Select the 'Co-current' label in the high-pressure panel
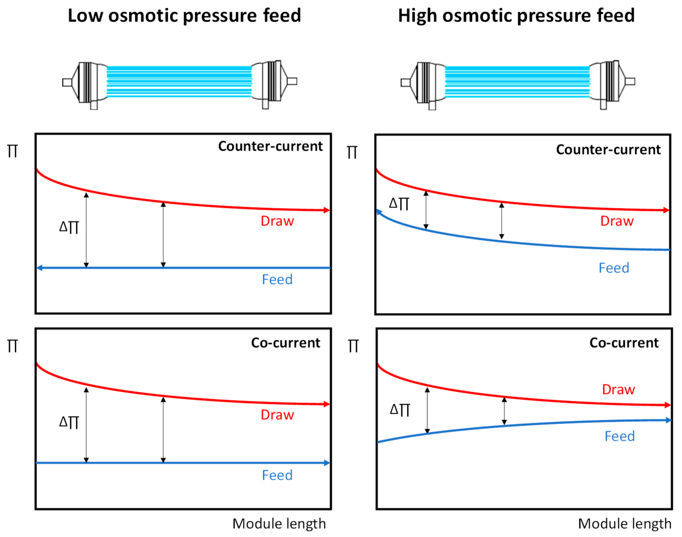624,343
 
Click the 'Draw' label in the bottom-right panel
618,390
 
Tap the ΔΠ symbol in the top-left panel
69,227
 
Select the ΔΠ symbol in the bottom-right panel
400,410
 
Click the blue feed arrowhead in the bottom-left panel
327,463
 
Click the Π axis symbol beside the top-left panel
13,151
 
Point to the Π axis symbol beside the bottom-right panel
353,346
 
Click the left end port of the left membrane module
67,82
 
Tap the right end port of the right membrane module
630,82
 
